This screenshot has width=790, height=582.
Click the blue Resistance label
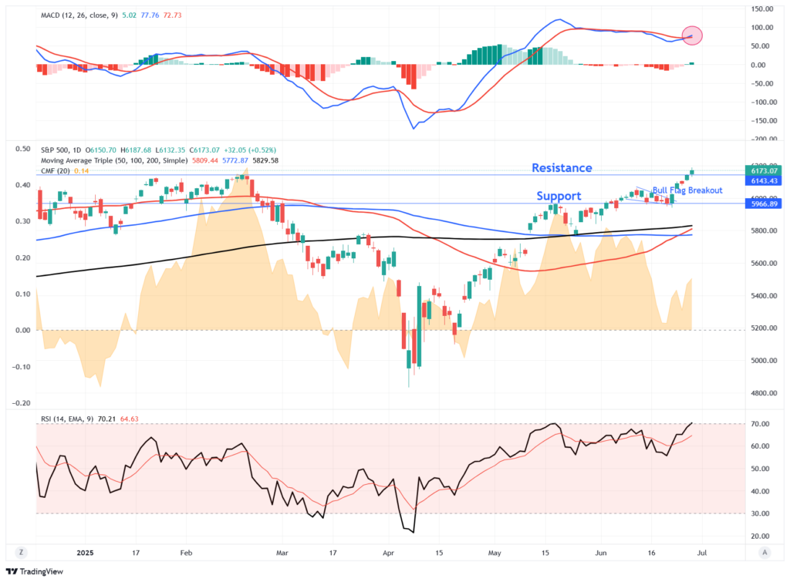[x=562, y=168]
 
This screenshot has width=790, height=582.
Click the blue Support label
[x=559, y=197]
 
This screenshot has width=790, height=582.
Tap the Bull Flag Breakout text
[x=687, y=190]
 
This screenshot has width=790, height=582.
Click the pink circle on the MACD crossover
[x=692, y=35]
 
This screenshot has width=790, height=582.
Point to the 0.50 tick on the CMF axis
[x=24, y=149]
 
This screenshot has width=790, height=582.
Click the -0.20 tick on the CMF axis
[x=22, y=403]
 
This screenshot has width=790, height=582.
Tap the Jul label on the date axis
[x=711, y=553]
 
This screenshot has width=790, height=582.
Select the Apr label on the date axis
[x=389, y=553]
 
